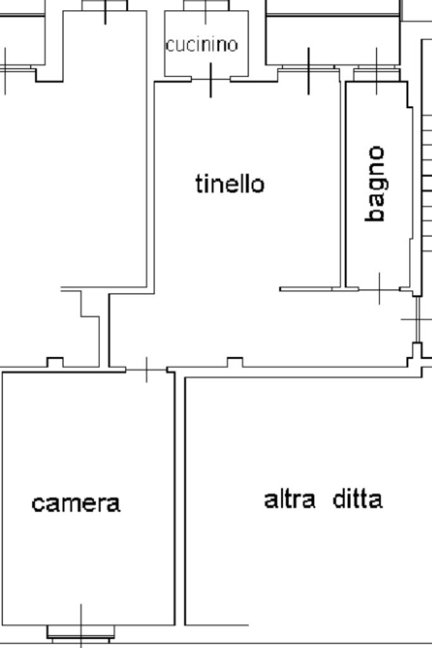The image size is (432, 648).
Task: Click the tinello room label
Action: (x=230, y=184)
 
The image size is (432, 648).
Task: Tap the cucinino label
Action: (x=202, y=45)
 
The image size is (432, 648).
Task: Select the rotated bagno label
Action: (x=376, y=184)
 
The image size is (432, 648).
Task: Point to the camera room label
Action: (x=76, y=503)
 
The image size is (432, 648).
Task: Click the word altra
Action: (x=289, y=499)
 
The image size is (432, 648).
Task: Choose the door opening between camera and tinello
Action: (x=147, y=369)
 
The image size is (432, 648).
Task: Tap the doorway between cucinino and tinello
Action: (x=211, y=79)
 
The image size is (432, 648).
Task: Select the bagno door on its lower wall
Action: (x=380, y=289)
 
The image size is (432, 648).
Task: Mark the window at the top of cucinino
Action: (x=206, y=5)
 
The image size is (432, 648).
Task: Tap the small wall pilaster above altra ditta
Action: (x=235, y=362)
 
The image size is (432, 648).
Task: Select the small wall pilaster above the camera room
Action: (x=55, y=362)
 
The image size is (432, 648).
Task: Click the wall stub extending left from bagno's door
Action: (x=307, y=289)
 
